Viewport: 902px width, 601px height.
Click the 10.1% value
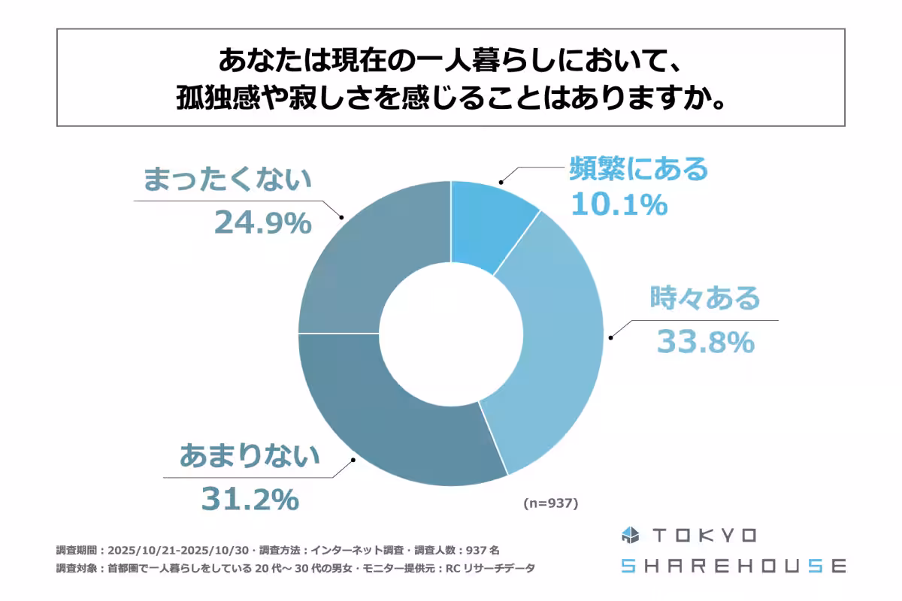(619, 204)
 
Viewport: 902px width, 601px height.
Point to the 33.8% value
(705, 342)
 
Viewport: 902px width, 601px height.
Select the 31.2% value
(250, 499)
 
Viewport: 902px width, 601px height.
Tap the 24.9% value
(262, 222)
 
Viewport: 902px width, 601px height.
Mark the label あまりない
(250, 456)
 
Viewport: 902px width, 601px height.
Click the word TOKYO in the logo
(704, 536)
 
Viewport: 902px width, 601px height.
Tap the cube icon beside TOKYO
(629, 536)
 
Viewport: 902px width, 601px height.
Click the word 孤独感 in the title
(213, 98)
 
